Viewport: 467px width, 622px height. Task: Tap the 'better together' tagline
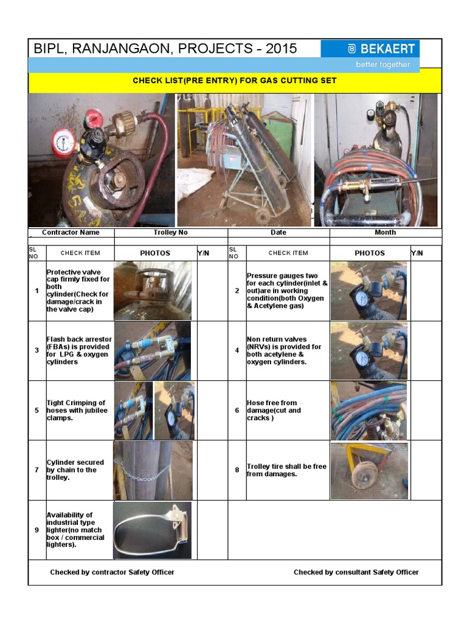pos(382,64)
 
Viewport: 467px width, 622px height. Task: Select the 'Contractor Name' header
pos(71,233)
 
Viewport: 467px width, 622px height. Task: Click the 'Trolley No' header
pos(171,233)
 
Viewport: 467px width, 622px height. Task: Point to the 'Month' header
pos(385,233)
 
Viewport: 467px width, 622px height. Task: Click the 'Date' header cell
pos(278,233)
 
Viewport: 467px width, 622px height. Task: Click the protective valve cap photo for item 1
pos(152,290)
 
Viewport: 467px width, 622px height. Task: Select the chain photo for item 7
pos(152,470)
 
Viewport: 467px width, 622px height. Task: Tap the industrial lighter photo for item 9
pos(152,530)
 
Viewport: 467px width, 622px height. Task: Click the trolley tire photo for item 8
pos(368,470)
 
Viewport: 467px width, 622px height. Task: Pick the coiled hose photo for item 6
pos(368,411)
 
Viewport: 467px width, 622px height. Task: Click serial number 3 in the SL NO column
pos(36,350)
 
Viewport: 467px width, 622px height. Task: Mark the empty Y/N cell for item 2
pos(426,290)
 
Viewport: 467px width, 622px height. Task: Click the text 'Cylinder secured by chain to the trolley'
pos(75,470)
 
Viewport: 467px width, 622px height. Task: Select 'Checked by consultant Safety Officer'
pos(356,572)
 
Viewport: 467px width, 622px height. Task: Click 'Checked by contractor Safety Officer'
pos(112,572)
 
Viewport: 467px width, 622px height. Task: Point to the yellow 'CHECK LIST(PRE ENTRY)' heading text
pos(234,81)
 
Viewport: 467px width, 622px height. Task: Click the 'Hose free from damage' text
pos(274,411)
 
